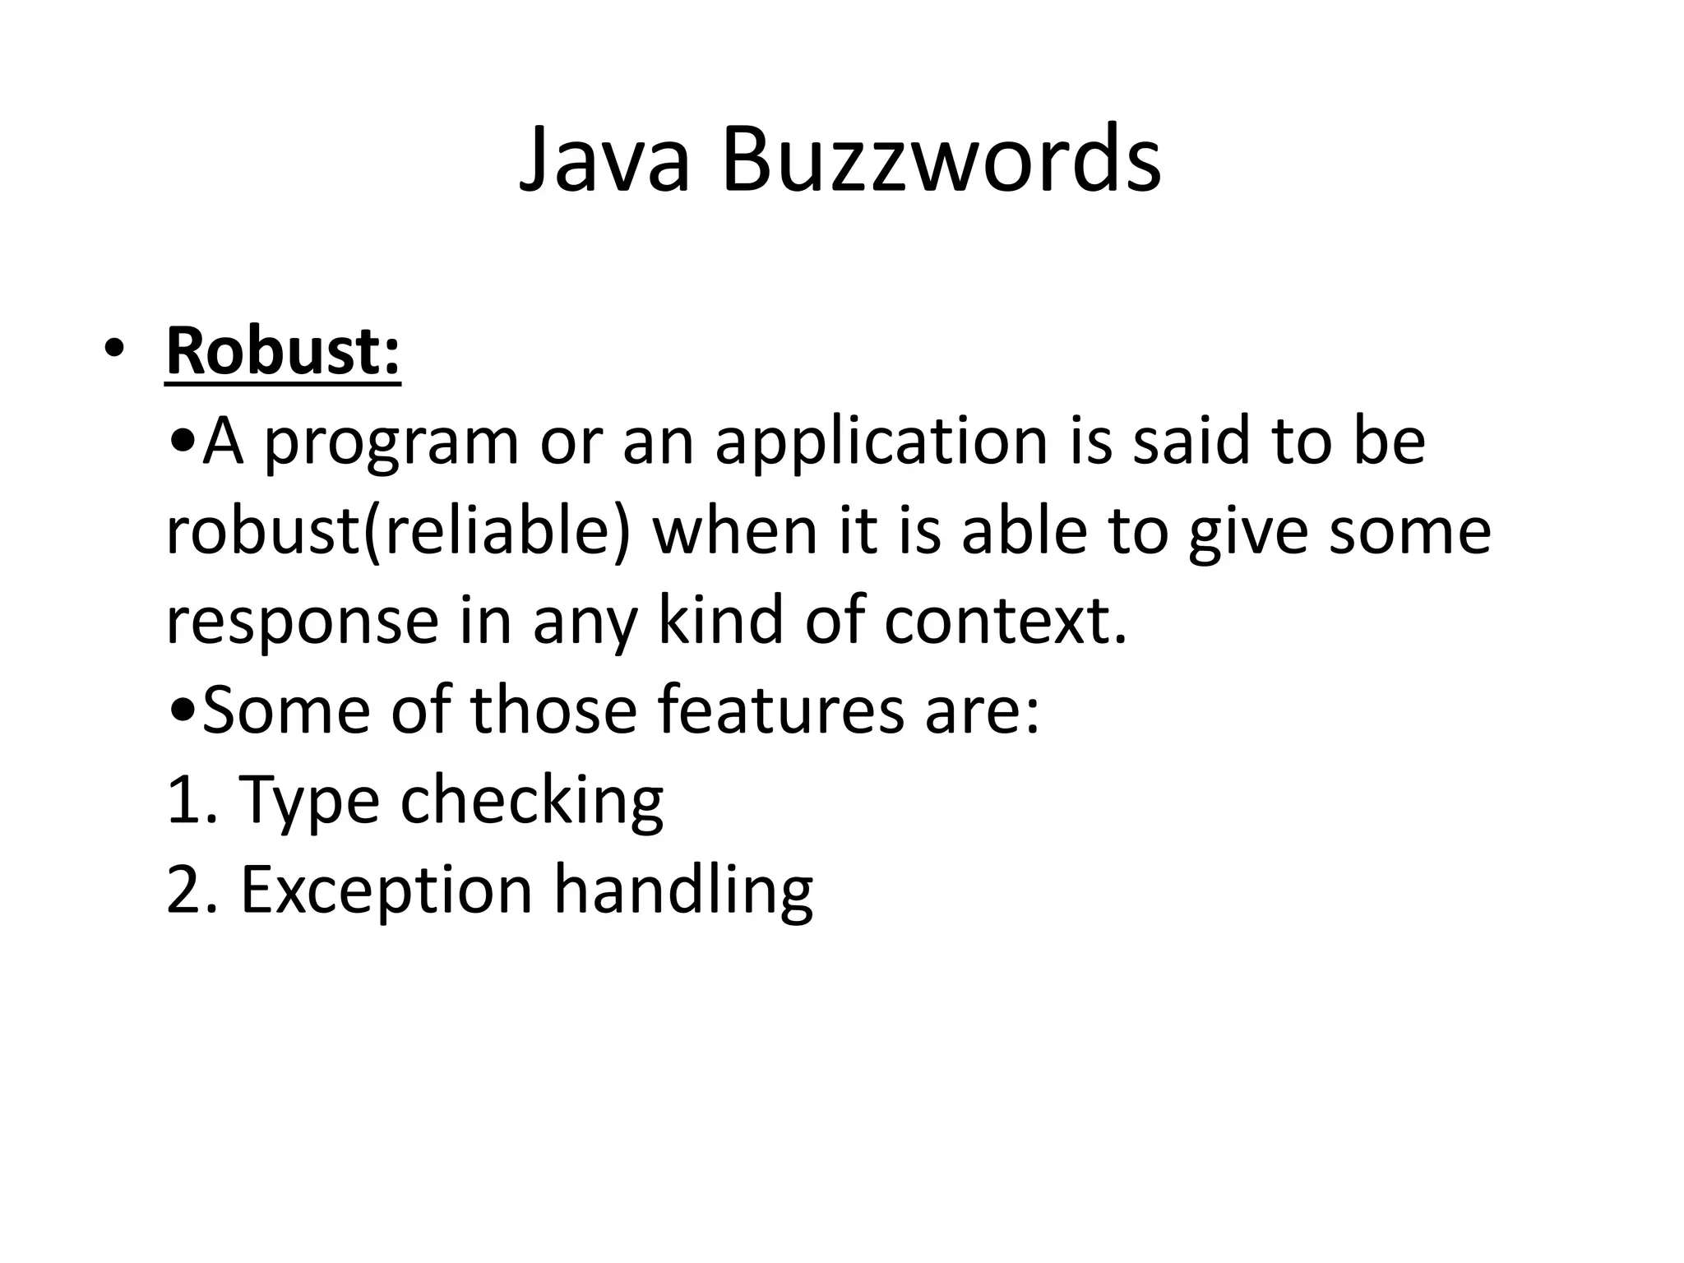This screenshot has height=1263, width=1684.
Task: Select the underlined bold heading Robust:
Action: pos(283,352)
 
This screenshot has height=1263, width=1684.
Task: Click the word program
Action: pos(391,444)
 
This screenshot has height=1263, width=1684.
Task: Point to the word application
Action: pos(881,444)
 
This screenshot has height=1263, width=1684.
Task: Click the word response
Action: pos(303,622)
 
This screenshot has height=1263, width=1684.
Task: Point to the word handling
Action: pos(683,891)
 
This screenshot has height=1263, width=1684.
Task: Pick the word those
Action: pos(553,710)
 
